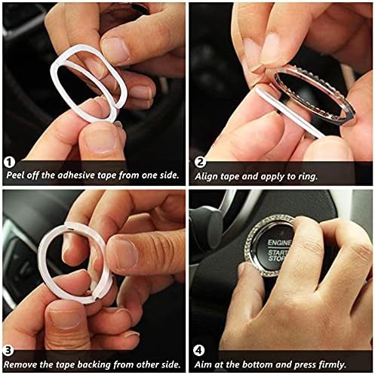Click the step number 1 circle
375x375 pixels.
(x=9, y=163)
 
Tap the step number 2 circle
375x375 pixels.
(x=200, y=162)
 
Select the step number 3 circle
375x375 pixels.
(x=8, y=351)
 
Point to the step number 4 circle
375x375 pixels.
(x=199, y=351)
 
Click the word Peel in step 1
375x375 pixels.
(x=15, y=175)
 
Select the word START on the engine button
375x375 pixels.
(x=278, y=252)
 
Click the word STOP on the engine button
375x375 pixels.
(x=277, y=259)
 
